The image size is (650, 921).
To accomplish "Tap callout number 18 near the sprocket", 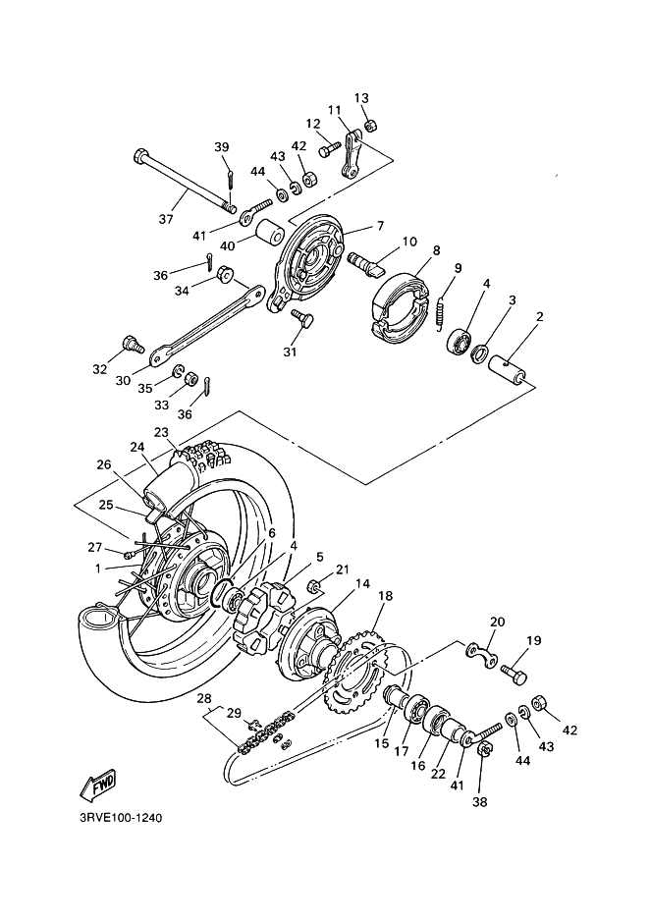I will (384, 596).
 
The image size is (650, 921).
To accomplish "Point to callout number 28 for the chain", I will (204, 698).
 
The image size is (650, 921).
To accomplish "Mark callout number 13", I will (361, 98).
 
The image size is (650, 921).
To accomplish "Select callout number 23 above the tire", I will (160, 432).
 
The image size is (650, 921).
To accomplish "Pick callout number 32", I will (99, 369).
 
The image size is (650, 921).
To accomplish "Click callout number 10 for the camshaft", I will (408, 241).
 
